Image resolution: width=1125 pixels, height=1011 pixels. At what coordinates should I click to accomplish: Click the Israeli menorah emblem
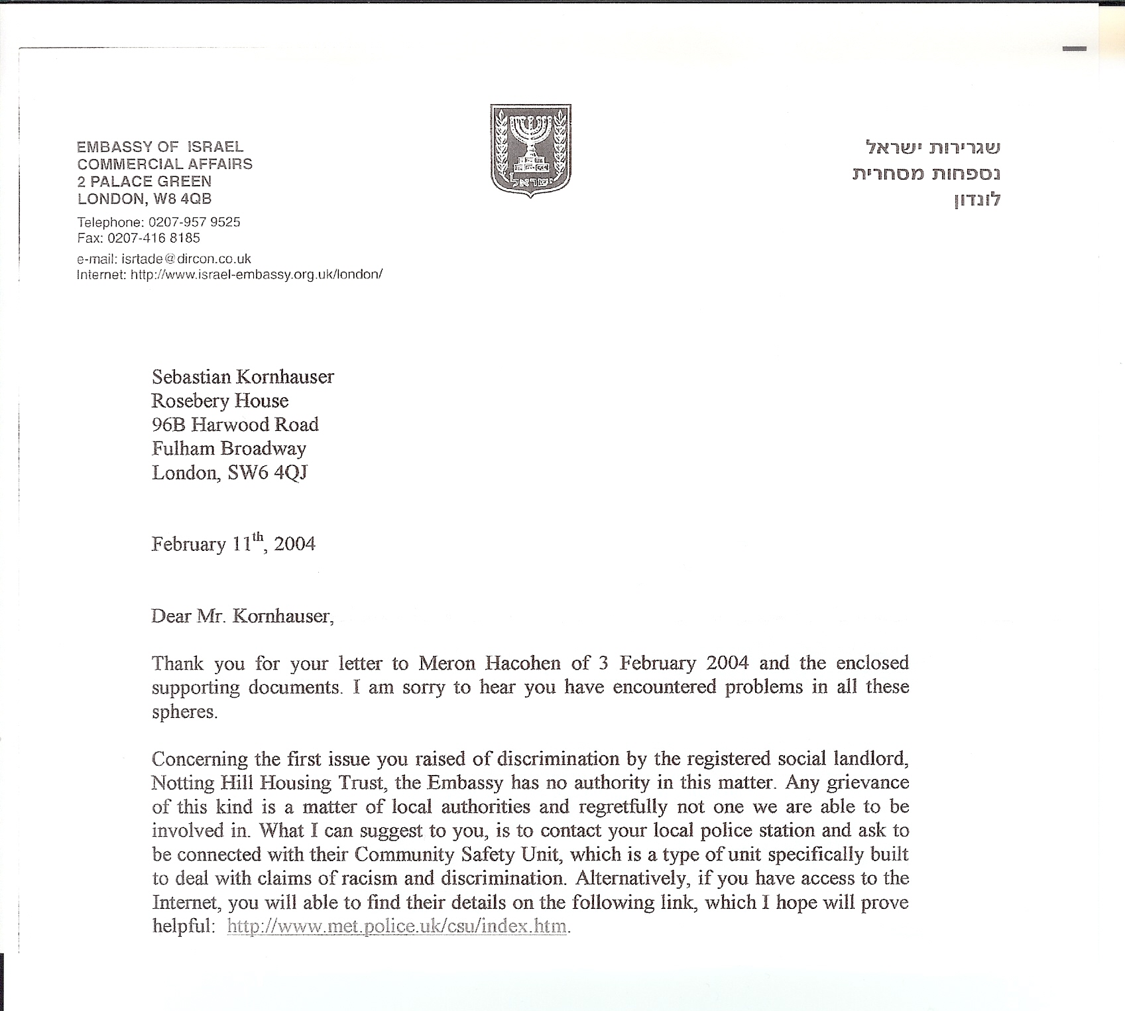tap(530, 150)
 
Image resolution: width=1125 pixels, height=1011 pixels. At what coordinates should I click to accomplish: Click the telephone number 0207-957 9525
tap(194, 222)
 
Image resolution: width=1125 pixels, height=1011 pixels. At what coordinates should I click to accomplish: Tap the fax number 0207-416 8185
tap(153, 238)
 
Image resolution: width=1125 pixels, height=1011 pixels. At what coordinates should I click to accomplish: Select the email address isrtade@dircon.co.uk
tap(186, 259)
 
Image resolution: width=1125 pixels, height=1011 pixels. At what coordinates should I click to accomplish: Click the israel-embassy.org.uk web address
tap(257, 274)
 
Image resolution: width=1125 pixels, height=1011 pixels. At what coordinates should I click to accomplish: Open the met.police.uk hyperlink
tap(396, 926)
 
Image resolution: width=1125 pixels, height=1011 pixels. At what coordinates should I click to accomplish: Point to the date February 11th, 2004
tap(233, 544)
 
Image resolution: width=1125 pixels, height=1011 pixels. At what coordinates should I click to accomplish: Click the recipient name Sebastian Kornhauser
tap(243, 377)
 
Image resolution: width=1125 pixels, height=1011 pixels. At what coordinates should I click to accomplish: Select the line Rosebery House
tap(219, 400)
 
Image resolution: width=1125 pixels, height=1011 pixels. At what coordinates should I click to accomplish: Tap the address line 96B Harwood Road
tap(235, 424)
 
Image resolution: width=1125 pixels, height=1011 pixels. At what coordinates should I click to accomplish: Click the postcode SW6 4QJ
tap(267, 473)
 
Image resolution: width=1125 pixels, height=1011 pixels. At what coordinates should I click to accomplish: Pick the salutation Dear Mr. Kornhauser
tap(241, 617)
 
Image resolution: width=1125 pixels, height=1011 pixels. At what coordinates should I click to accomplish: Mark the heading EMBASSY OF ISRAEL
tap(160, 147)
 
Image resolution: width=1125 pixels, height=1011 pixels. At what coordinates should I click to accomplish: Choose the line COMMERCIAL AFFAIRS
tap(164, 164)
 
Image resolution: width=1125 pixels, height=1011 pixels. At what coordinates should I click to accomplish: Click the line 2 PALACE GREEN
tap(144, 181)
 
